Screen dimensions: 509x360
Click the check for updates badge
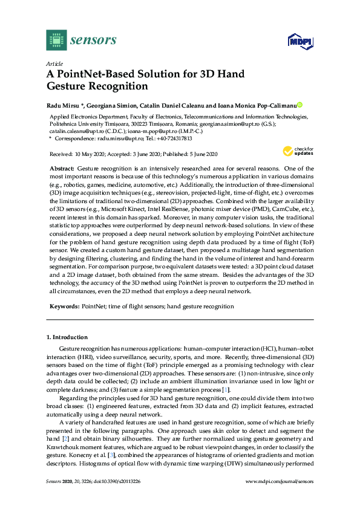301,151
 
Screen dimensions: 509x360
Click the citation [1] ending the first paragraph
225,391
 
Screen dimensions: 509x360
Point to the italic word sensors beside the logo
93,40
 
